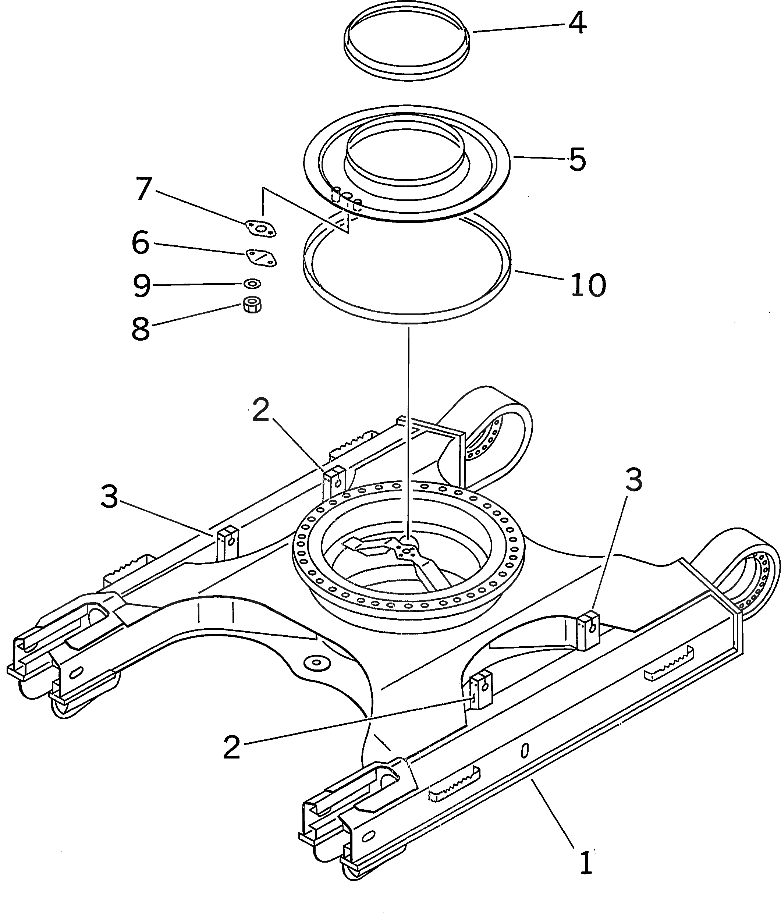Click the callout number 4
pyautogui.click(x=577, y=23)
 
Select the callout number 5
pyautogui.click(x=577, y=160)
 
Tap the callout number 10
pyautogui.click(x=588, y=285)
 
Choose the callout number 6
pyautogui.click(x=141, y=243)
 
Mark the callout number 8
pyautogui.click(x=141, y=329)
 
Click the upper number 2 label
pyautogui.click(x=260, y=410)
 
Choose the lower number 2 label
pyautogui.click(x=232, y=747)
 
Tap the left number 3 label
pyautogui.click(x=109, y=496)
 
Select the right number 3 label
pyautogui.click(x=634, y=480)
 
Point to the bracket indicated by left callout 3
pyautogui.click(x=227, y=543)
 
